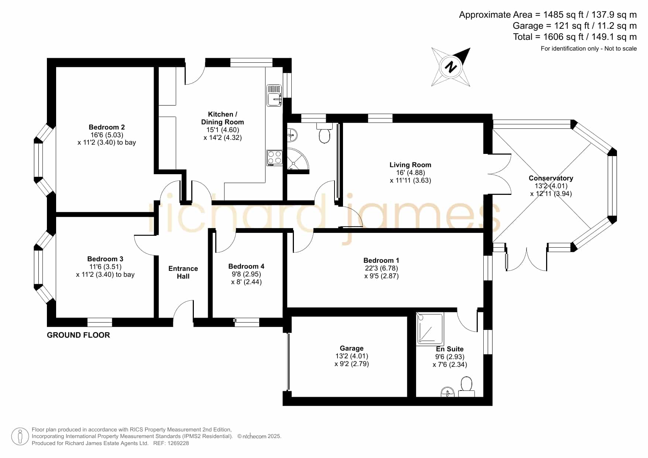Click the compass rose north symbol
tap(451, 67)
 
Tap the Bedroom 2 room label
tap(107, 127)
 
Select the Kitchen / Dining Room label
tap(223, 118)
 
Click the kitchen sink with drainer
tap(274, 95)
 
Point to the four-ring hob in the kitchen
tap(275, 158)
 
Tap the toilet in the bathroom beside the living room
tap(324, 134)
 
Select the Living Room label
tap(410, 165)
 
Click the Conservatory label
tap(551, 178)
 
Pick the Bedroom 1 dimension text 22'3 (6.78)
tap(381, 268)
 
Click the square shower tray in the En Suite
tap(430, 329)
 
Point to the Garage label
tap(352, 348)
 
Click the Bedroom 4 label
tap(246, 266)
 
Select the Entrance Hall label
tap(183, 272)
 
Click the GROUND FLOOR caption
tap(78, 335)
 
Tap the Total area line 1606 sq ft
tap(575, 37)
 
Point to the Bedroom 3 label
tap(105, 259)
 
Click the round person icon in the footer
tap(20, 437)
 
